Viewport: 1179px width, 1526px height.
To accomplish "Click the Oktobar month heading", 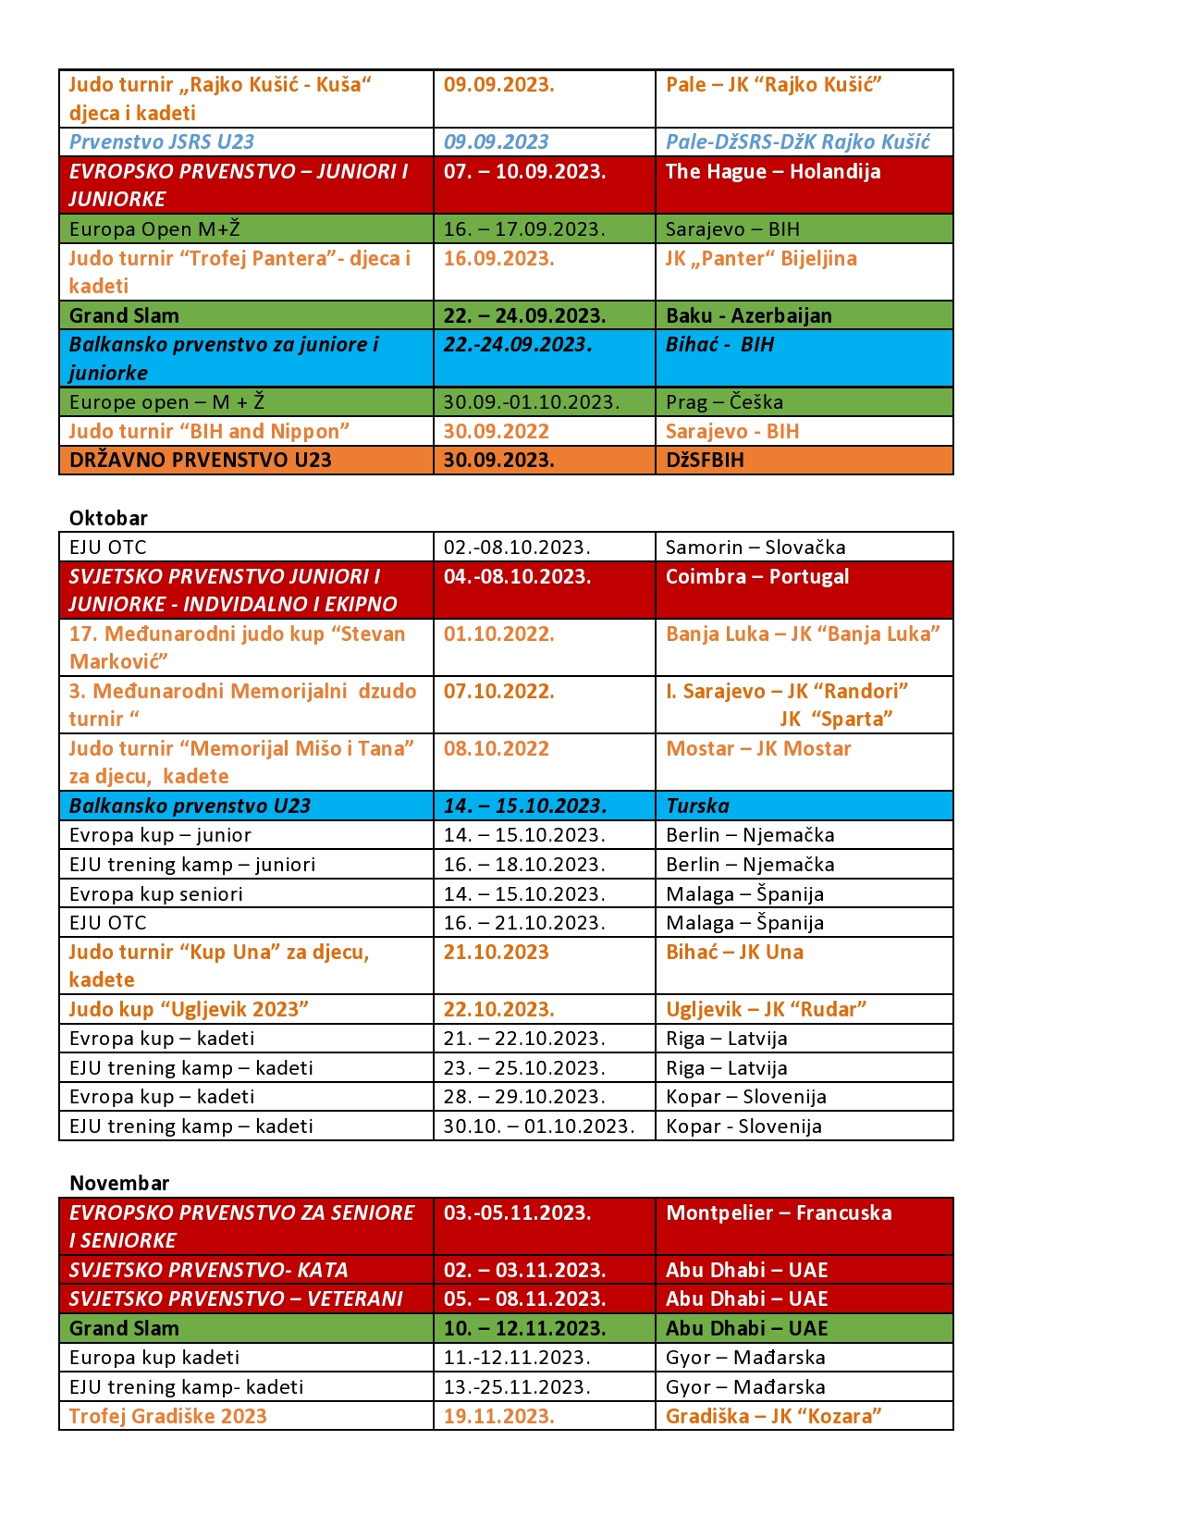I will click(x=108, y=518).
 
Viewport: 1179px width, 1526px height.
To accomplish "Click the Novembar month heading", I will click(x=119, y=1183).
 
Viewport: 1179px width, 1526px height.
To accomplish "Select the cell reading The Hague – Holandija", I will click(x=773, y=171).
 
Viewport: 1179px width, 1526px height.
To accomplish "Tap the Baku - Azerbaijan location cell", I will click(x=748, y=315).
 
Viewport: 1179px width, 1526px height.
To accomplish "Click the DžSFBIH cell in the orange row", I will click(x=705, y=460).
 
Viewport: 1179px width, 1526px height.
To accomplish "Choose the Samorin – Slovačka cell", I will click(x=755, y=547).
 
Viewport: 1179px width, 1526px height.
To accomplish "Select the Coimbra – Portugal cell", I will click(x=756, y=576).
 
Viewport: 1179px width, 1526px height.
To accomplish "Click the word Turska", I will click(x=697, y=806).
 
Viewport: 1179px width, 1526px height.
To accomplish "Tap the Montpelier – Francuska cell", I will click(x=779, y=1212).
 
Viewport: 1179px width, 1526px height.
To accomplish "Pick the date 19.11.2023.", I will click(x=498, y=1416).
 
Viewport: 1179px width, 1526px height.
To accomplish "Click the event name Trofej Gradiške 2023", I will click(x=167, y=1416).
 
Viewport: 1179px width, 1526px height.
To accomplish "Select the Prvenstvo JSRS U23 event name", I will click(x=161, y=142).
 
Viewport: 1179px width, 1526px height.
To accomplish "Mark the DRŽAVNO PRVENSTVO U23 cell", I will click(x=200, y=460).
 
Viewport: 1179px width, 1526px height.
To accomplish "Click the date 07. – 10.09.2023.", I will click(x=524, y=171).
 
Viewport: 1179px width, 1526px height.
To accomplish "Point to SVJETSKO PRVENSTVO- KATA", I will click(x=208, y=1270).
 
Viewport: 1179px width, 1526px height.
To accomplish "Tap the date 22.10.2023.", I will click(x=498, y=1009).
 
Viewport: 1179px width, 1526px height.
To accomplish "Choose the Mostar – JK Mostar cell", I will click(x=757, y=748).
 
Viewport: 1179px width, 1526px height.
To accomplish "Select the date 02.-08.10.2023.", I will click(x=516, y=547).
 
